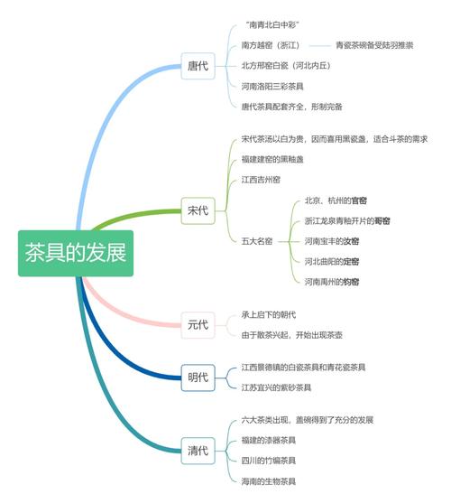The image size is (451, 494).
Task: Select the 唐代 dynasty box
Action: point(198,66)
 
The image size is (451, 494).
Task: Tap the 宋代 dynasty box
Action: point(198,211)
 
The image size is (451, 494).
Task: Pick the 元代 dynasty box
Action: point(198,324)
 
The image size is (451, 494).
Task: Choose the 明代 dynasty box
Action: point(198,377)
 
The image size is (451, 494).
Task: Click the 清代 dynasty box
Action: point(198,449)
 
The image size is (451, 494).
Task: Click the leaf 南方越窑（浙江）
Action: point(270,45)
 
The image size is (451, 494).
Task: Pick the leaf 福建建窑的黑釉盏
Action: point(272,160)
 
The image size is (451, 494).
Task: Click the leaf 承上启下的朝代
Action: point(269,314)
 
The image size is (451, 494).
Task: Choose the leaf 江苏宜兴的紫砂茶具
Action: point(276,387)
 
